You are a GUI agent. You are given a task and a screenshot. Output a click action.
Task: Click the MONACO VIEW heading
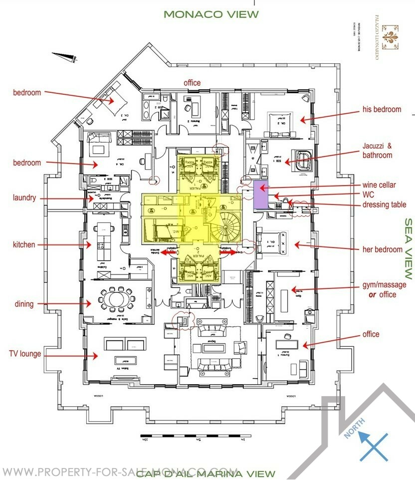[211, 14]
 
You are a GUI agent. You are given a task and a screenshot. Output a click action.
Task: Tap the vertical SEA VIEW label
[408, 248]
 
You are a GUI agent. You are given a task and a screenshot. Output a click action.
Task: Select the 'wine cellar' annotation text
[380, 185]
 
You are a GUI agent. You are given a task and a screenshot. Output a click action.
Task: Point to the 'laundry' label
[24, 198]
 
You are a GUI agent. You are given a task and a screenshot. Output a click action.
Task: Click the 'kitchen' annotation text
[24, 244]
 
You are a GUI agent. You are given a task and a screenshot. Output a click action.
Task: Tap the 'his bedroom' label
[381, 109]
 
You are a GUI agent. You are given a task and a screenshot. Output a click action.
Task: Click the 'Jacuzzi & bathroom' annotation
[378, 151]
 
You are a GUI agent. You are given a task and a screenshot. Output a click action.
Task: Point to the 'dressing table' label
[385, 205]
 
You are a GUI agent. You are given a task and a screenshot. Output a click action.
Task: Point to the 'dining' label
[24, 304]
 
